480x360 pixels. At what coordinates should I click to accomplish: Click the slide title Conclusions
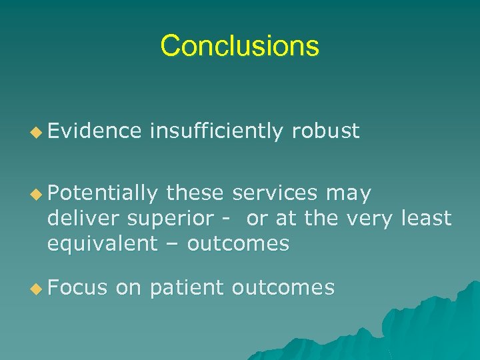(240, 46)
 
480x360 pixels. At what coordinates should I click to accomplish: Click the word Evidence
(94, 131)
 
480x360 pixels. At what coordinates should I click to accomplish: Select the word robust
(325, 131)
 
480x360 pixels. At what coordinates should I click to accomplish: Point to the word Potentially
(103, 194)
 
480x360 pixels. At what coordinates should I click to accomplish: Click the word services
(275, 194)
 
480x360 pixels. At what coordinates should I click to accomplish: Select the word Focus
(77, 287)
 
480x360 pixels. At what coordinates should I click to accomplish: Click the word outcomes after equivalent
(238, 244)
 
